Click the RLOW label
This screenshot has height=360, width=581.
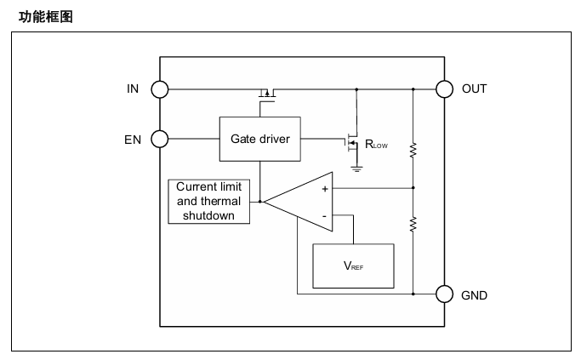pos(376,144)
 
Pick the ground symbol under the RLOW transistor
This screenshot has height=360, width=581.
pos(356,169)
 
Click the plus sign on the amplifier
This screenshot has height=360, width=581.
pos(325,189)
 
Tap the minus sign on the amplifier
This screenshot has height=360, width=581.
pos(325,216)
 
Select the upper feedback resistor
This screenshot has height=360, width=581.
pos(413,150)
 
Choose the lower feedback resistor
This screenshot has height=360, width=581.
pos(413,225)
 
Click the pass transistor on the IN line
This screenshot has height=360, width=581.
pos(267,93)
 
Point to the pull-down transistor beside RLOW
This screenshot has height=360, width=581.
pos(351,143)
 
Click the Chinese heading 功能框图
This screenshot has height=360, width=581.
pos(46,17)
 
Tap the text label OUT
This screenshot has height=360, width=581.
pos(475,89)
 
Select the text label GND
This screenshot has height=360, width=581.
pos(475,295)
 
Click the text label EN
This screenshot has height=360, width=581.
pos(133,140)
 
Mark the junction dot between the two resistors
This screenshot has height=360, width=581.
pos(413,188)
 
